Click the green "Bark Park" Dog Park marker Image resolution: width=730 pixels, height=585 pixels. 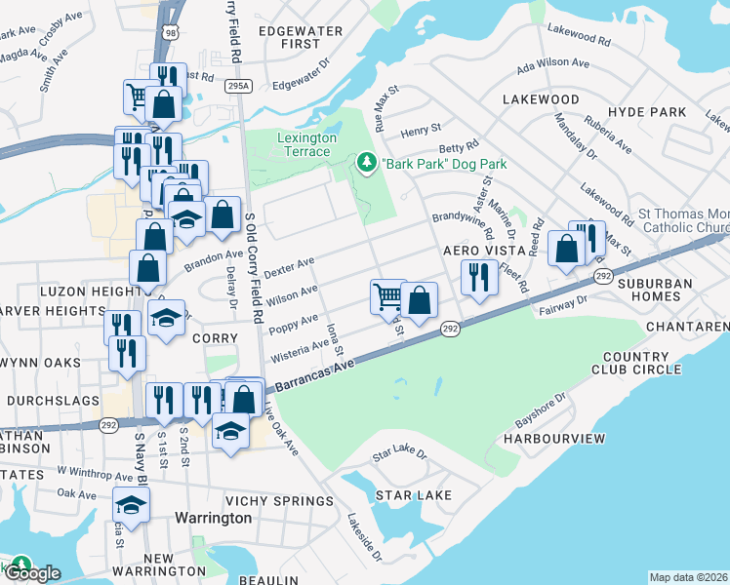click(x=367, y=163)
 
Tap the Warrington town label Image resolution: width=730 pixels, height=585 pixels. click(x=212, y=518)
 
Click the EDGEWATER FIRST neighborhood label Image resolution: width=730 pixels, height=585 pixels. click(x=300, y=37)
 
